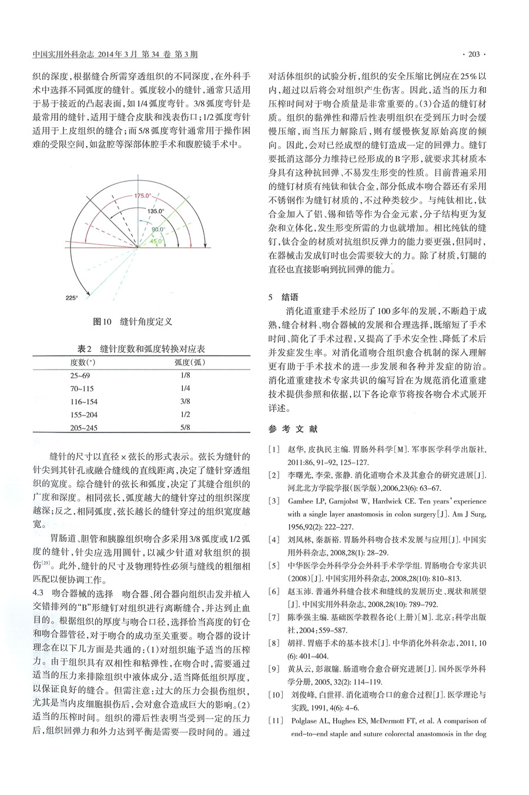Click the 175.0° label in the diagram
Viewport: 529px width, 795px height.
tap(142, 195)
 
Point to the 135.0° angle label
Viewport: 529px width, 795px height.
tap(156, 210)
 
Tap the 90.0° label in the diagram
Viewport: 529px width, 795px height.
tap(159, 229)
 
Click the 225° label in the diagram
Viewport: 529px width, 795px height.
tap(72, 298)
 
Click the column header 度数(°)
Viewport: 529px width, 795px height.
tap(83, 362)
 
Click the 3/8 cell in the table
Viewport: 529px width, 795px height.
tap(186, 401)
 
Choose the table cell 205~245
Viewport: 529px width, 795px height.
tap(84, 428)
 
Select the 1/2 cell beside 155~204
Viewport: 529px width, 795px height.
tap(186, 415)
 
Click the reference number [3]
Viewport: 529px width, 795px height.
tap(274, 501)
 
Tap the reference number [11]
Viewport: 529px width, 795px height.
tap(275, 721)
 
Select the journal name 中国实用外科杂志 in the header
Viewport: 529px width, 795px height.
tap(58, 55)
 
